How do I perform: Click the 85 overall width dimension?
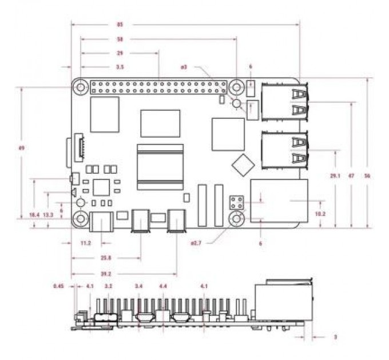[120, 25]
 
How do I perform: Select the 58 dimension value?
[120, 39]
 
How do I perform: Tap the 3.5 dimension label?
[120, 67]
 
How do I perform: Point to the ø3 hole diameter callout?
[184, 67]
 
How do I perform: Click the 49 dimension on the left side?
[21, 148]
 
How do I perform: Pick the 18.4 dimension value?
[34, 214]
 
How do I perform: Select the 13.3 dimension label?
[49, 214]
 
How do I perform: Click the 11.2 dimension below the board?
[86, 243]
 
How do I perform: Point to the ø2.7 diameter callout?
[196, 243]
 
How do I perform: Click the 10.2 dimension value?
[321, 214]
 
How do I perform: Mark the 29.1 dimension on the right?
[335, 176]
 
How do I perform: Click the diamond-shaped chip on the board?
[243, 164]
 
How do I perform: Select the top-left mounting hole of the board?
[81, 87]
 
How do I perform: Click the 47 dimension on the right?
[351, 176]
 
